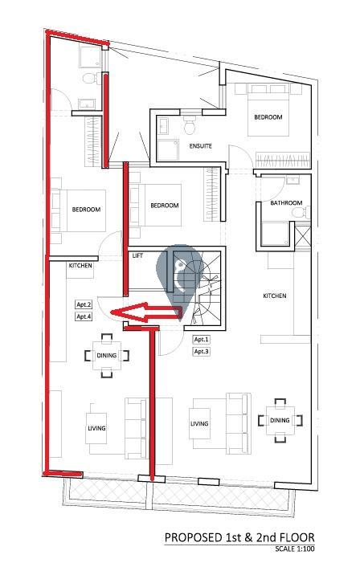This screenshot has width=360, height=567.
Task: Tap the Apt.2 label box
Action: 84,304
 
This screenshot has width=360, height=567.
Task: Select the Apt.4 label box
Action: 84,316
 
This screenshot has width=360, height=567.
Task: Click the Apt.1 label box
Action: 202,340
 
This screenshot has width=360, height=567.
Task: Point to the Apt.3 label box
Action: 202,352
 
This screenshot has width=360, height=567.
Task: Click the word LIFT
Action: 137,255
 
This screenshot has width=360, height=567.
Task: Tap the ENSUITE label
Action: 200,146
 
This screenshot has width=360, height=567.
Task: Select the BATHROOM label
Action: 286,203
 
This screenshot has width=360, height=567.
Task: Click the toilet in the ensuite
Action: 190,124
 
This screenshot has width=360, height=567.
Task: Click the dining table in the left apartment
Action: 107,356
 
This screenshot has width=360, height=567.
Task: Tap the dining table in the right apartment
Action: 280,421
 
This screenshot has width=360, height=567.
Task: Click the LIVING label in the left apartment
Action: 96,428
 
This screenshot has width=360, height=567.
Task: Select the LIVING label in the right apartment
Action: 199,423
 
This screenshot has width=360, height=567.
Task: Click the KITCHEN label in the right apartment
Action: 275,296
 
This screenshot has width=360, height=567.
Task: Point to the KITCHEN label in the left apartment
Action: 80,265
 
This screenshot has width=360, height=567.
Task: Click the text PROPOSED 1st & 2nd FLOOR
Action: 239,537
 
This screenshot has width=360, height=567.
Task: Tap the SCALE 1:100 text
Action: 295,549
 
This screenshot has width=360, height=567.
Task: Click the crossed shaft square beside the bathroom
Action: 302,236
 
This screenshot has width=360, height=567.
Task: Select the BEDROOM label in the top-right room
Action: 268,117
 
